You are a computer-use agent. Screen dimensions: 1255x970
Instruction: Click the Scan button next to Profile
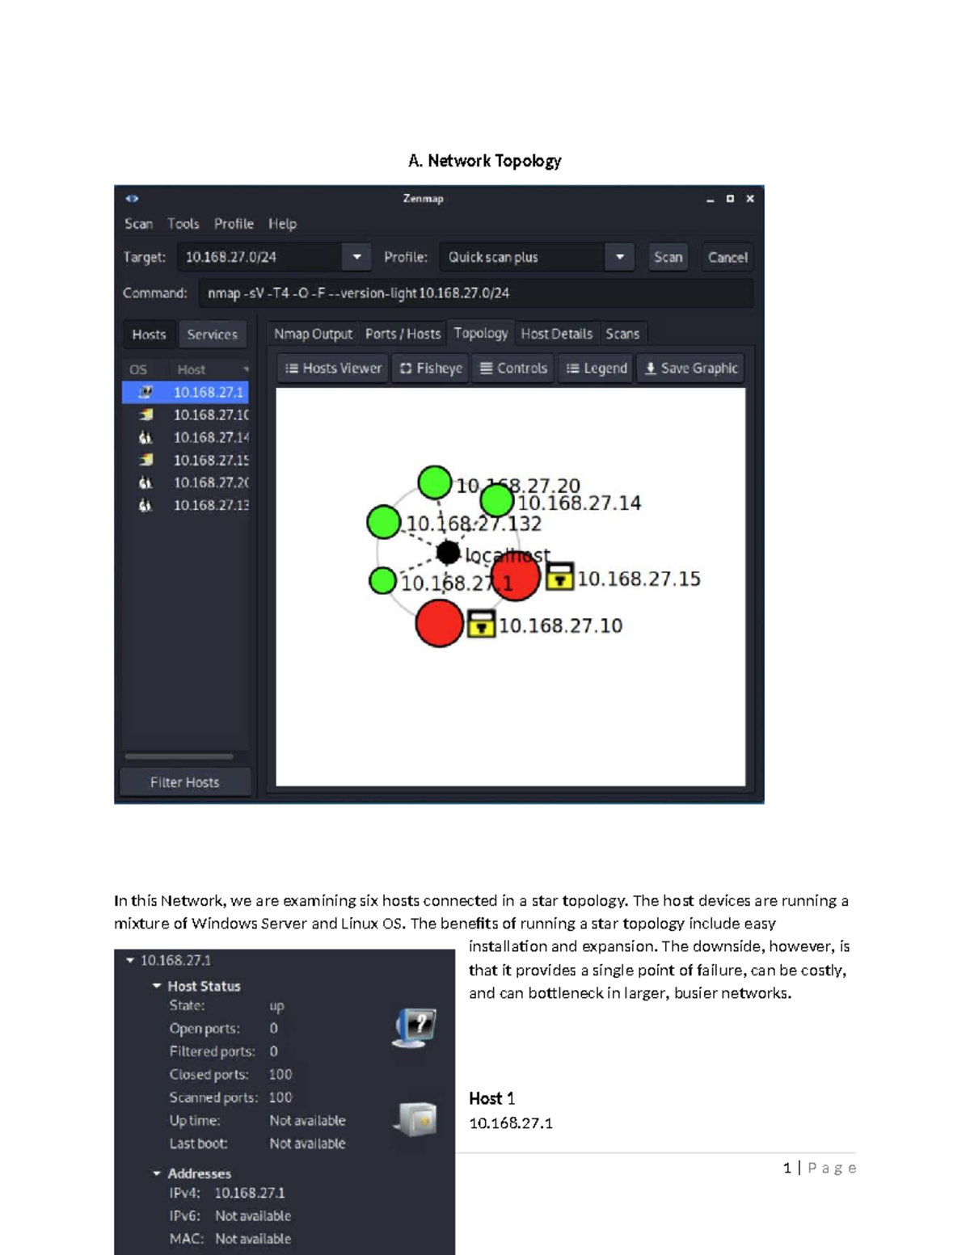pos(668,257)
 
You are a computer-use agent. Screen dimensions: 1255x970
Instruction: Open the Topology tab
pos(480,333)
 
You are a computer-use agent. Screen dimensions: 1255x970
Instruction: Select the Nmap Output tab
pos(313,334)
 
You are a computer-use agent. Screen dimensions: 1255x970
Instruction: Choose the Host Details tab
pos(556,334)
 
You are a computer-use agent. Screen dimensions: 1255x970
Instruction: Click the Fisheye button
pos(431,368)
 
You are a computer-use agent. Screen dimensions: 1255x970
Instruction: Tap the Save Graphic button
pos(691,368)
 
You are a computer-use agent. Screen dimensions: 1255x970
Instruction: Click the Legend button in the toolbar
pos(597,368)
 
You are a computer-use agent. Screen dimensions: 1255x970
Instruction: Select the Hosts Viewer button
pos(333,368)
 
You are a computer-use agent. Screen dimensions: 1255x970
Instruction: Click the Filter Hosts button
pos(184,782)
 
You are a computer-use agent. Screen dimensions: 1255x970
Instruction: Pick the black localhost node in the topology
pos(448,553)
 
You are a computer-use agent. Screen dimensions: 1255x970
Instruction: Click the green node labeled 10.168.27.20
pos(435,482)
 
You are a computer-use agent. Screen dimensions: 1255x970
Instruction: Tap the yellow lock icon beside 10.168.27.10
pos(481,625)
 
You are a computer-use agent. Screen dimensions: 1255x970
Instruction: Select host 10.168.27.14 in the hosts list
pos(210,437)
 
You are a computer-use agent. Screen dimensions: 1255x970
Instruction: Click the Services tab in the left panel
pos(212,335)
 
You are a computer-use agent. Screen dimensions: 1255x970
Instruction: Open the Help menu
pos(282,224)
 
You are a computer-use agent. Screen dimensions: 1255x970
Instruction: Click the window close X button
pos(750,199)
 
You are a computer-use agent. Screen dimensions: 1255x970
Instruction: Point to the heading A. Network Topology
pos(484,161)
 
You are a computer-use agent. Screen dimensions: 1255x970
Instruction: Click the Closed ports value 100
pos(280,1074)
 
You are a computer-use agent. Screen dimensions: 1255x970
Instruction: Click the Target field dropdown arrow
pos(356,257)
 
